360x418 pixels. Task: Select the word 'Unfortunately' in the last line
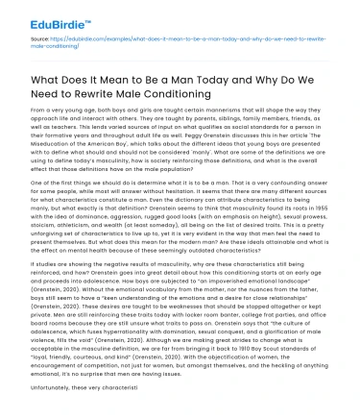pyautogui.click(x=34, y=408)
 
